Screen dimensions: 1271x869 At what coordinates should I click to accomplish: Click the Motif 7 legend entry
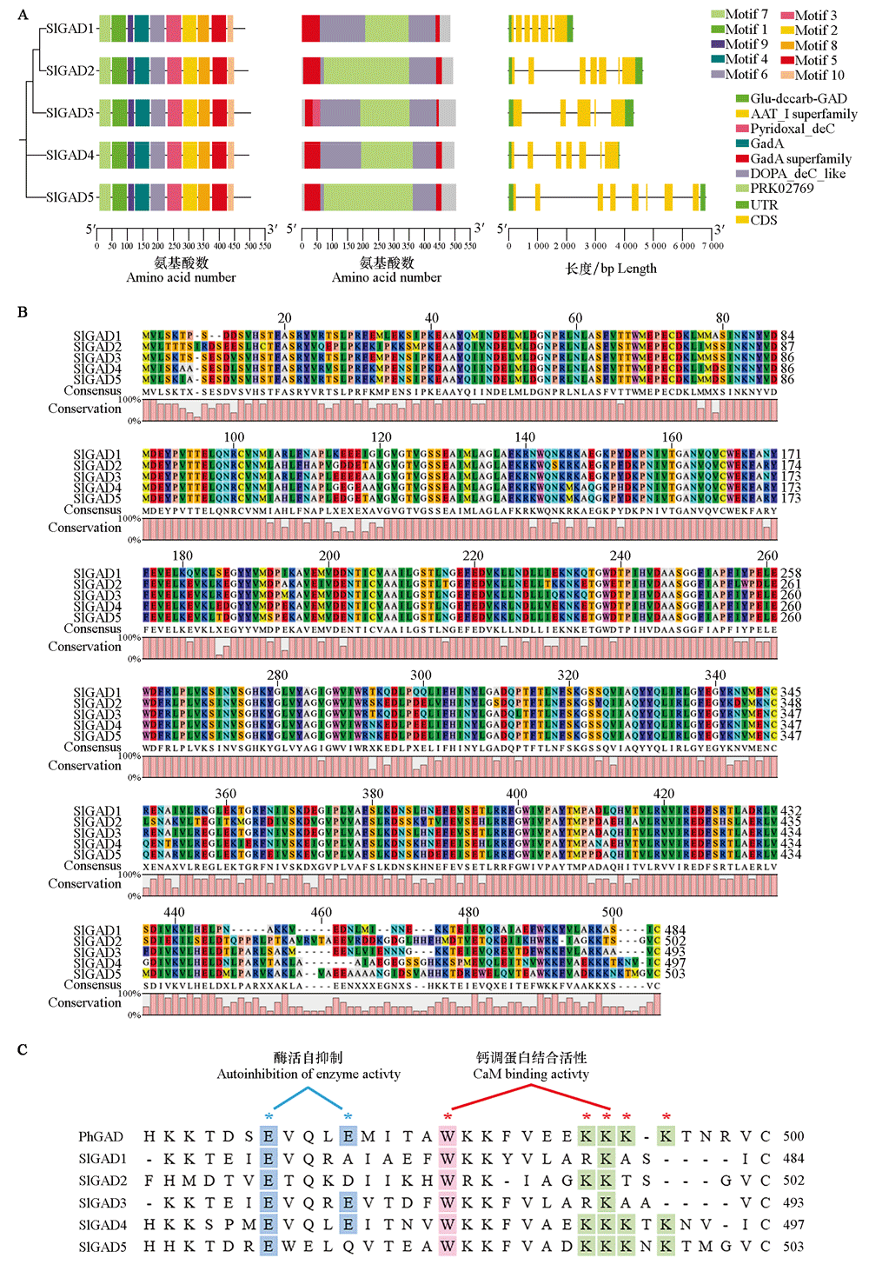point(740,14)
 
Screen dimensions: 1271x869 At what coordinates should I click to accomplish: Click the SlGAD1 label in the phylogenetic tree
point(70,29)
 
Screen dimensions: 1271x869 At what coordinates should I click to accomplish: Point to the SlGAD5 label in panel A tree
point(70,197)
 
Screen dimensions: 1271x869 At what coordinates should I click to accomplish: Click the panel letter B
point(23,312)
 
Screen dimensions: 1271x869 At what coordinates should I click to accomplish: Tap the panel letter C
point(23,1049)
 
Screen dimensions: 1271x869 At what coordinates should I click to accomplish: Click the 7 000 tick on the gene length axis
point(713,246)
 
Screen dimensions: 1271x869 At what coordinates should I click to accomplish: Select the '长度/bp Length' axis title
point(611,269)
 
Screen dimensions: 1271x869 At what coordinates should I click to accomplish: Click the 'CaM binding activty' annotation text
point(531,1074)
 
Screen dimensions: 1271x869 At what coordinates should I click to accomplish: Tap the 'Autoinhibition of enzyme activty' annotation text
point(308,1074)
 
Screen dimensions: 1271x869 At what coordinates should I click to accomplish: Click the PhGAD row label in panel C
point(101,1136)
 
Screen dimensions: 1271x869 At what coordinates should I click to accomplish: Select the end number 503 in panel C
point(793,1246)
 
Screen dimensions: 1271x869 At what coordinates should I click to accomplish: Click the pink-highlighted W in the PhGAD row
point(448,1136)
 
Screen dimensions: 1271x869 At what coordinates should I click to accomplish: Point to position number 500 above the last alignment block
point(612,912)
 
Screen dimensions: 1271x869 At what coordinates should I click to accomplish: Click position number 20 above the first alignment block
point(284,318)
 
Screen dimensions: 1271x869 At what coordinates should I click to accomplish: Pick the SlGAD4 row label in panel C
point(103,1224)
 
